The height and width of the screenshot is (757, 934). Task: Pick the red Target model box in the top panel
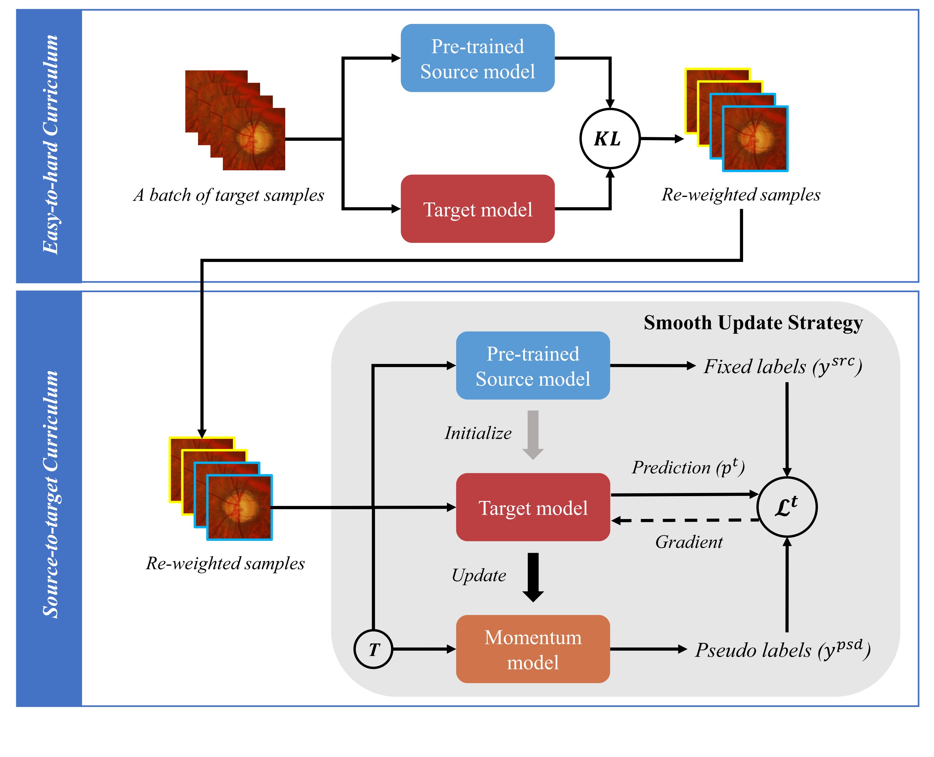pyautogui.click(x=477, y=209)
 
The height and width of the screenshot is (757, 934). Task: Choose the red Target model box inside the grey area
pyautogui.click(x=533, y=507)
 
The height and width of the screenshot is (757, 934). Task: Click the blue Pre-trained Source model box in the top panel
pyautogui.click(x=477, y=58)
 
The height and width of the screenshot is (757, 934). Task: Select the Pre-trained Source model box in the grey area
pyautogui.click(x=533, y=365)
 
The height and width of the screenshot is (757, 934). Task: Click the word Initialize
pyautogui.click(x=478, y=433)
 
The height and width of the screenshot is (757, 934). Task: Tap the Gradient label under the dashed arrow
pyautogui.click(x=689, y=542)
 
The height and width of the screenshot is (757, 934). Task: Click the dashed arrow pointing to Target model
pyautogui.click(x=684, y=520)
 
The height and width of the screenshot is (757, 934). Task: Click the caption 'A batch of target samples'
pyautogui.click(x=228, y=195)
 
